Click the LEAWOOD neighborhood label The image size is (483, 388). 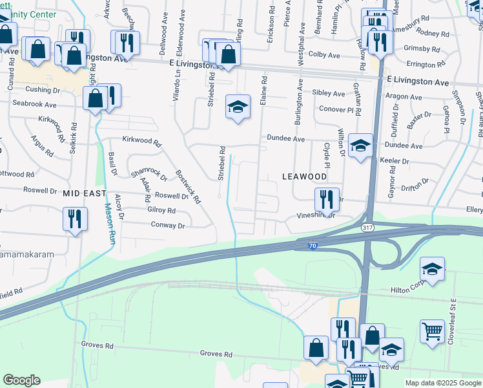pos(304,177)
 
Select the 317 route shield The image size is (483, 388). pos(367,228)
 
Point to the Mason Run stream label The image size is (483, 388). pos(110,224)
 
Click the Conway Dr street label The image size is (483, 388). pos(168,226)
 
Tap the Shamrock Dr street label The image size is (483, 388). pos(148,175)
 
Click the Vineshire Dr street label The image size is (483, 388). pos(316,215)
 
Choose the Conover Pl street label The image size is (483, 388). pos(340,109)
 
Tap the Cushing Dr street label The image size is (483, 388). pos(43,90)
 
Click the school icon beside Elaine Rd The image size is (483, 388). pos(238,107)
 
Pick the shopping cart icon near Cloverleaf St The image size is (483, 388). pos(432,332)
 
